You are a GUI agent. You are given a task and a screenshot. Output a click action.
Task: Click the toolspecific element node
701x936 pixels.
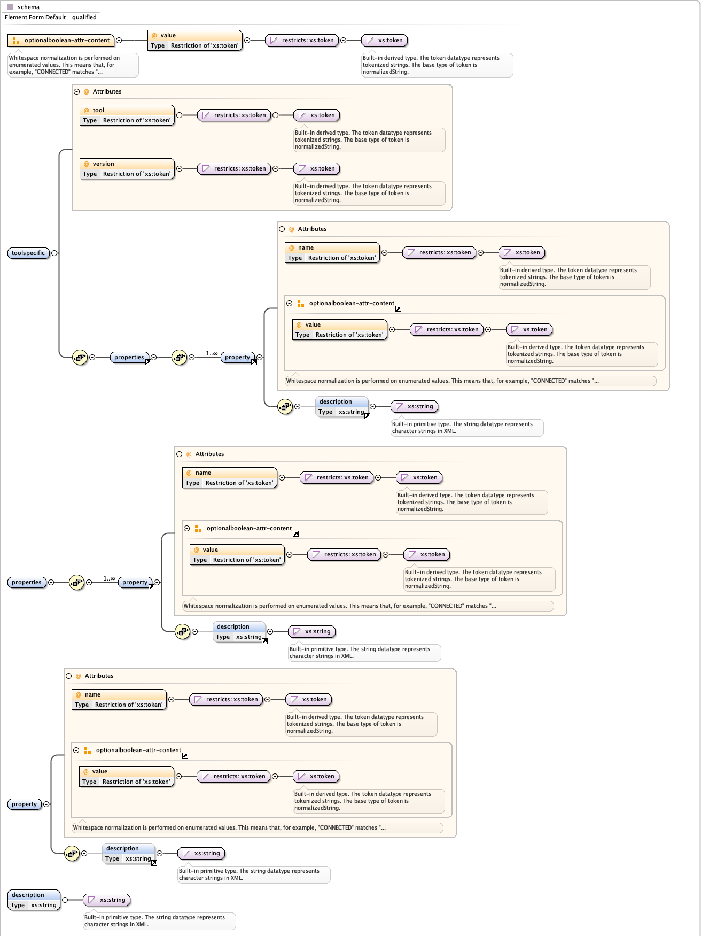(28, 253)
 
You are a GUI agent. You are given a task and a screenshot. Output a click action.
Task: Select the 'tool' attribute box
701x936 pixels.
(127, 115)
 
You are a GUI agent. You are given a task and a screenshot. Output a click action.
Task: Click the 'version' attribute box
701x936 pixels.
(127, 168)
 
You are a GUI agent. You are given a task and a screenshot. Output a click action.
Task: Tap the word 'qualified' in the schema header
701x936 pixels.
(84, 17)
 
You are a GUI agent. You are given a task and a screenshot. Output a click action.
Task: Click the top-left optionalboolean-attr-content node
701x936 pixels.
(61, 40)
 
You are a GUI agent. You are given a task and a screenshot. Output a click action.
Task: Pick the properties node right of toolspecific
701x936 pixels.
(129, 357)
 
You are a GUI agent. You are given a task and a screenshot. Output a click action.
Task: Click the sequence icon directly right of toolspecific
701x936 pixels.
(80, 357)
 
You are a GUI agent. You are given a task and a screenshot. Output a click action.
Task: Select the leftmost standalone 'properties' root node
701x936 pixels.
(27, 582)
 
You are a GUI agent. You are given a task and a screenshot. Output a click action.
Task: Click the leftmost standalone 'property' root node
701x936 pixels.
(25, 804)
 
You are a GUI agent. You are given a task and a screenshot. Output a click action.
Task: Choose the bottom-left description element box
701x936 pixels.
(34, 900)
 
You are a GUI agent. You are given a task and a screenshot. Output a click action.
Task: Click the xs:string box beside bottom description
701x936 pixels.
(107, 900)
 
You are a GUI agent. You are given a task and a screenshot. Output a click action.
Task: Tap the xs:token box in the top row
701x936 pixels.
(385, 40)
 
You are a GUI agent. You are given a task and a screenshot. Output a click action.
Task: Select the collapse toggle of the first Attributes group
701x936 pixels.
(77, 91)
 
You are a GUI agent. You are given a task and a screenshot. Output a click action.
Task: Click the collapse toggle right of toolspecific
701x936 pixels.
(54, 253)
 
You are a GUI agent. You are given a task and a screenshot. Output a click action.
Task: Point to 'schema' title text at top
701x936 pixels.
(28, 7)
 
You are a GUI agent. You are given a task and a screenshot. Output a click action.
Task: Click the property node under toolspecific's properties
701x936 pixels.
(237, 357)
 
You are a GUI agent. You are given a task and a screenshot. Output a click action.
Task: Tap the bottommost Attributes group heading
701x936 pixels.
(99, 676)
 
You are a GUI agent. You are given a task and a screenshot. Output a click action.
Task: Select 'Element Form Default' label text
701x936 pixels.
(35, 17)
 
